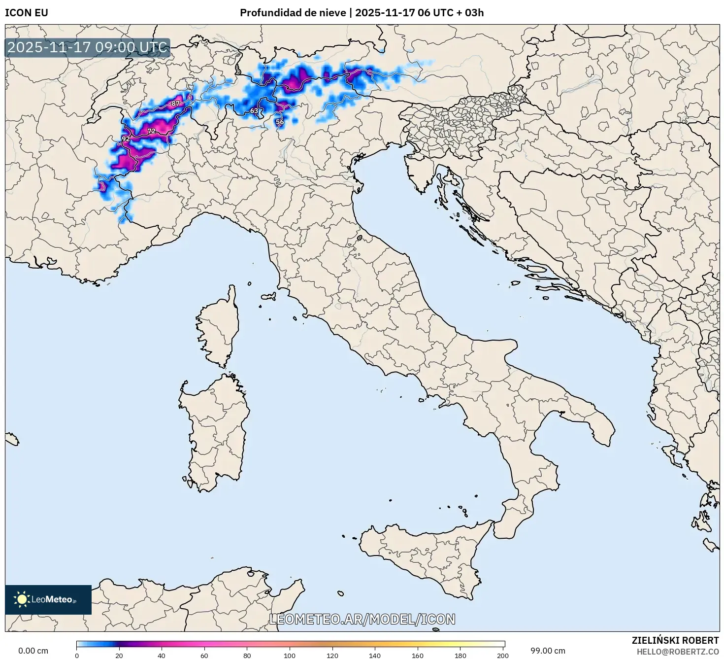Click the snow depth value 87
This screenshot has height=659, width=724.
click(x=175, y=104)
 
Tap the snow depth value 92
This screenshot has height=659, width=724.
click(x=126, y=139)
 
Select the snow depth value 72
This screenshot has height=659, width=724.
click(x=151, y=131)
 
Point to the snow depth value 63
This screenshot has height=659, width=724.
click(x=254, y=111)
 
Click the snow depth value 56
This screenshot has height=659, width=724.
click(x=279, y=122)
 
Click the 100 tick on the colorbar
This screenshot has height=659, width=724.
click(x=290, y=655)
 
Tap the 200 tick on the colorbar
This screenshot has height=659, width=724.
click(x=502, y=655)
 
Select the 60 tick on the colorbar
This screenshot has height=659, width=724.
click(x=204, y=655)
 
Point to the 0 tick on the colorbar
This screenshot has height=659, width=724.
click(x=77, y=655)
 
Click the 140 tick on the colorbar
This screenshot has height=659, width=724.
click(x=375, y=655)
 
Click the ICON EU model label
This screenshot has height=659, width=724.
click(x=27, y=13)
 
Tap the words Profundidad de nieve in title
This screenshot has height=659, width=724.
click(x=293, y=13)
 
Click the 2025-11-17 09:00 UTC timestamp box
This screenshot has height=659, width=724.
click(x=88, y=48)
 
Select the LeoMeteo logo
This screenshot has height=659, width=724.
click(x=48, y=599)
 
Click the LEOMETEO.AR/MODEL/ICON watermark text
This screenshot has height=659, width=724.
click(x=362, y=619)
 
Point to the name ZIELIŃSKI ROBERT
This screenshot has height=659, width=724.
click(x=675, y=640)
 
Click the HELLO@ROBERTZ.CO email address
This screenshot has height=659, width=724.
click(x=677, y=652)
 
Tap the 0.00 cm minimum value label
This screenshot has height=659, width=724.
click(x=33, y=651)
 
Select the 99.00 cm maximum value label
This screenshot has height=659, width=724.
click(x=548, y=651)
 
